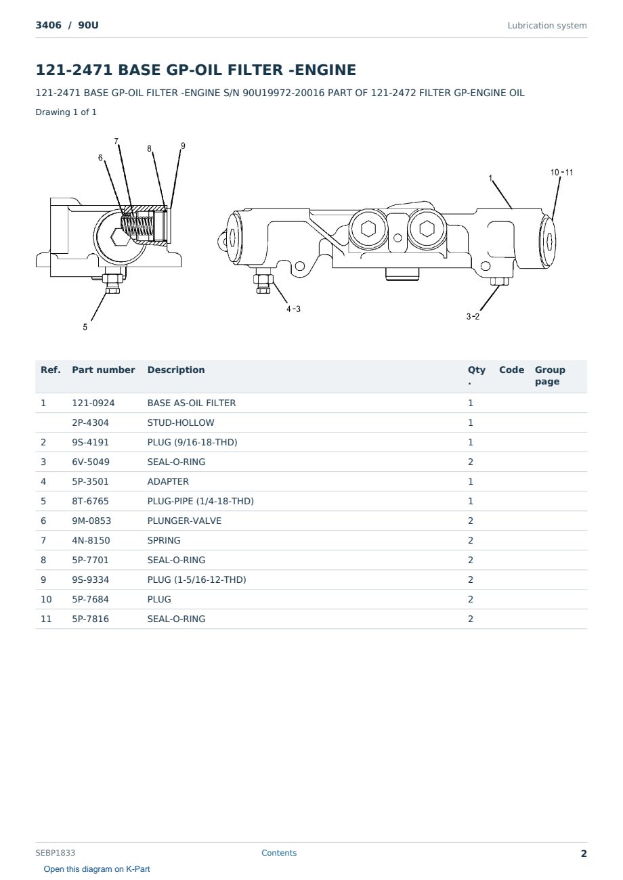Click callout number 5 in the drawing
(x=85, y=327)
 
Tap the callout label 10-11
(x=561, y=172)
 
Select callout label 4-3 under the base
(x=293, y=309)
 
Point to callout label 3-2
(x=473, y=316)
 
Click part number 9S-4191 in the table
(x=91, y=442)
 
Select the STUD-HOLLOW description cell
(x=181, y=422)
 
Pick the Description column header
(x=176, y=370)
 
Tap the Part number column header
(x=104, y=370)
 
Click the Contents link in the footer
(x=279, y=852)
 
